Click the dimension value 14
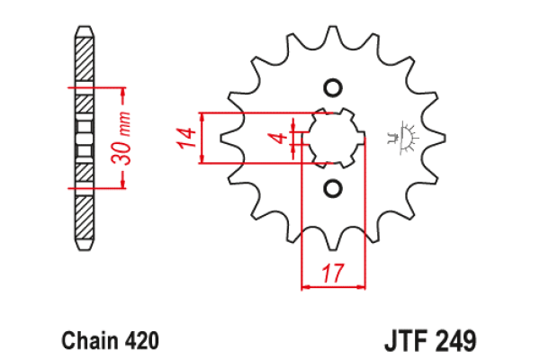(x=186, y=138)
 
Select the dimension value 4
(x=281, y=138)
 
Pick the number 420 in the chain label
(x=143, y=342)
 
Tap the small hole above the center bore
(x=333, y=87)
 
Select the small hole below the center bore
(x=333, y=188)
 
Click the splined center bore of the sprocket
(x=333, y=138)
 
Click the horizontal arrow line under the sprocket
(x=334, y=287)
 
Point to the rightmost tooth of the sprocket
(x=438, y=138)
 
